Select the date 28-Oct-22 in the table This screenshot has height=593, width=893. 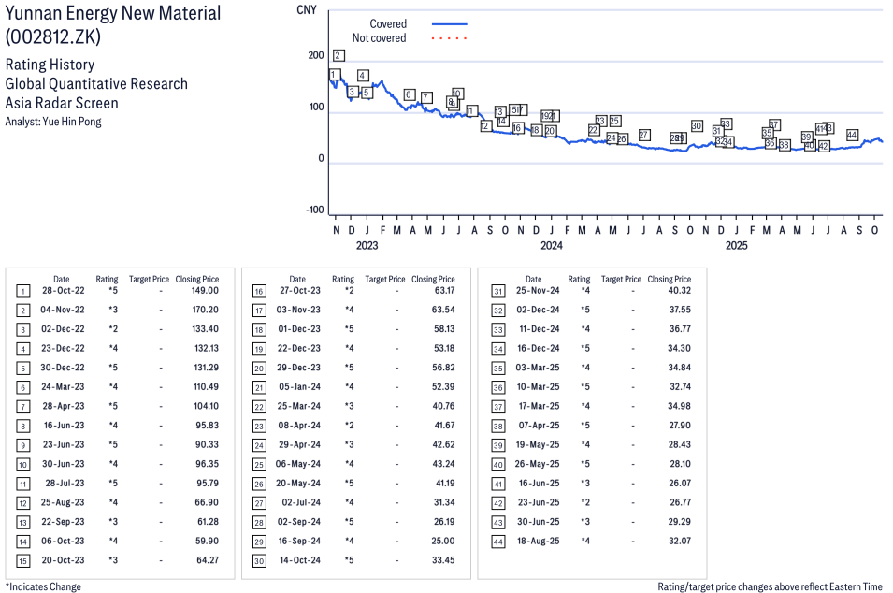62,290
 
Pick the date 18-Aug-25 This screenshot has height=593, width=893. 534,541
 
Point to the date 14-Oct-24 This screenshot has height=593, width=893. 298,560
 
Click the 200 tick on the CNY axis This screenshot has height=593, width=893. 315,56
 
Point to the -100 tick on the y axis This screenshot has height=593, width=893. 312,210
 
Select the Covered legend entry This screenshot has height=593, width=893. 388,23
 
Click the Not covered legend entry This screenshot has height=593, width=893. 379,38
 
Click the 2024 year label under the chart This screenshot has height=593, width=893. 552,246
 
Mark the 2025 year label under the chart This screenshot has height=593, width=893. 737,246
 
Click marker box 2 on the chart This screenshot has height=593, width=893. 338,55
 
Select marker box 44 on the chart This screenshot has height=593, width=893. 852,135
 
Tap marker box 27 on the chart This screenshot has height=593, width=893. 644,135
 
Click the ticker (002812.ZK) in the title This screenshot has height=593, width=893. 52,37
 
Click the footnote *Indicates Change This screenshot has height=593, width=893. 43,586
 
